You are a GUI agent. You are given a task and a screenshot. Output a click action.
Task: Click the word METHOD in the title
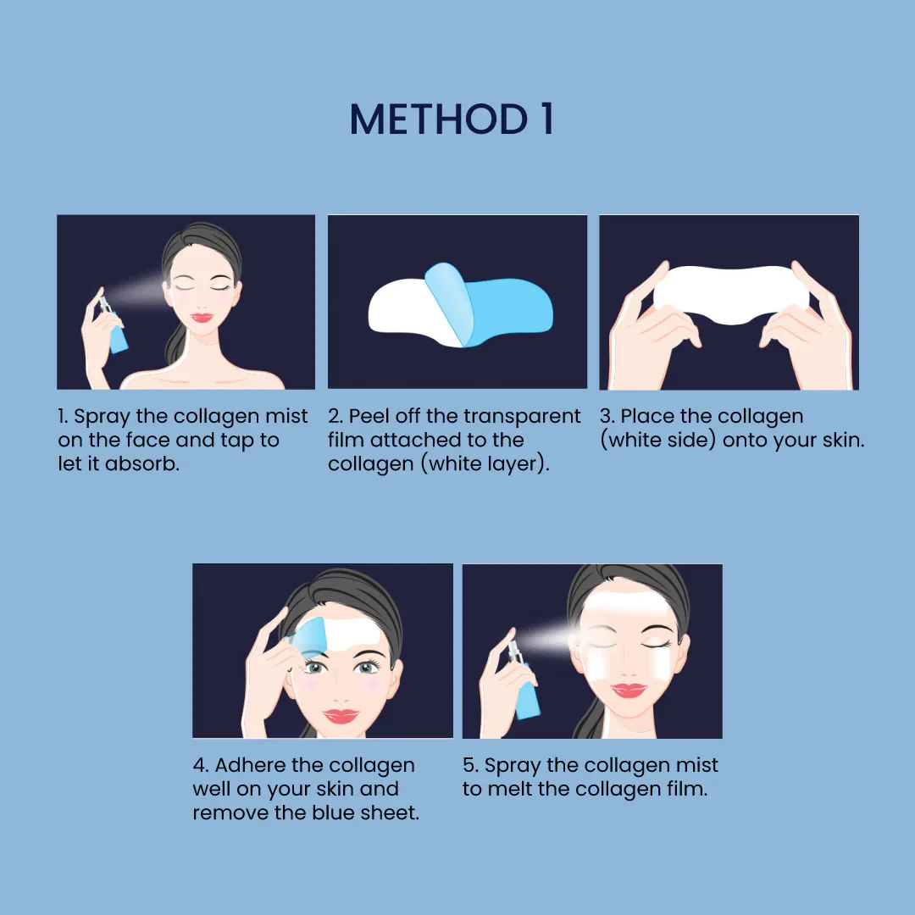point(439,119)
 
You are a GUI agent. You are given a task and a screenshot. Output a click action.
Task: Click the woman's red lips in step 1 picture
point(202,317)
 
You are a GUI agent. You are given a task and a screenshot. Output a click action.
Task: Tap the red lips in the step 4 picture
point(341,716)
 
